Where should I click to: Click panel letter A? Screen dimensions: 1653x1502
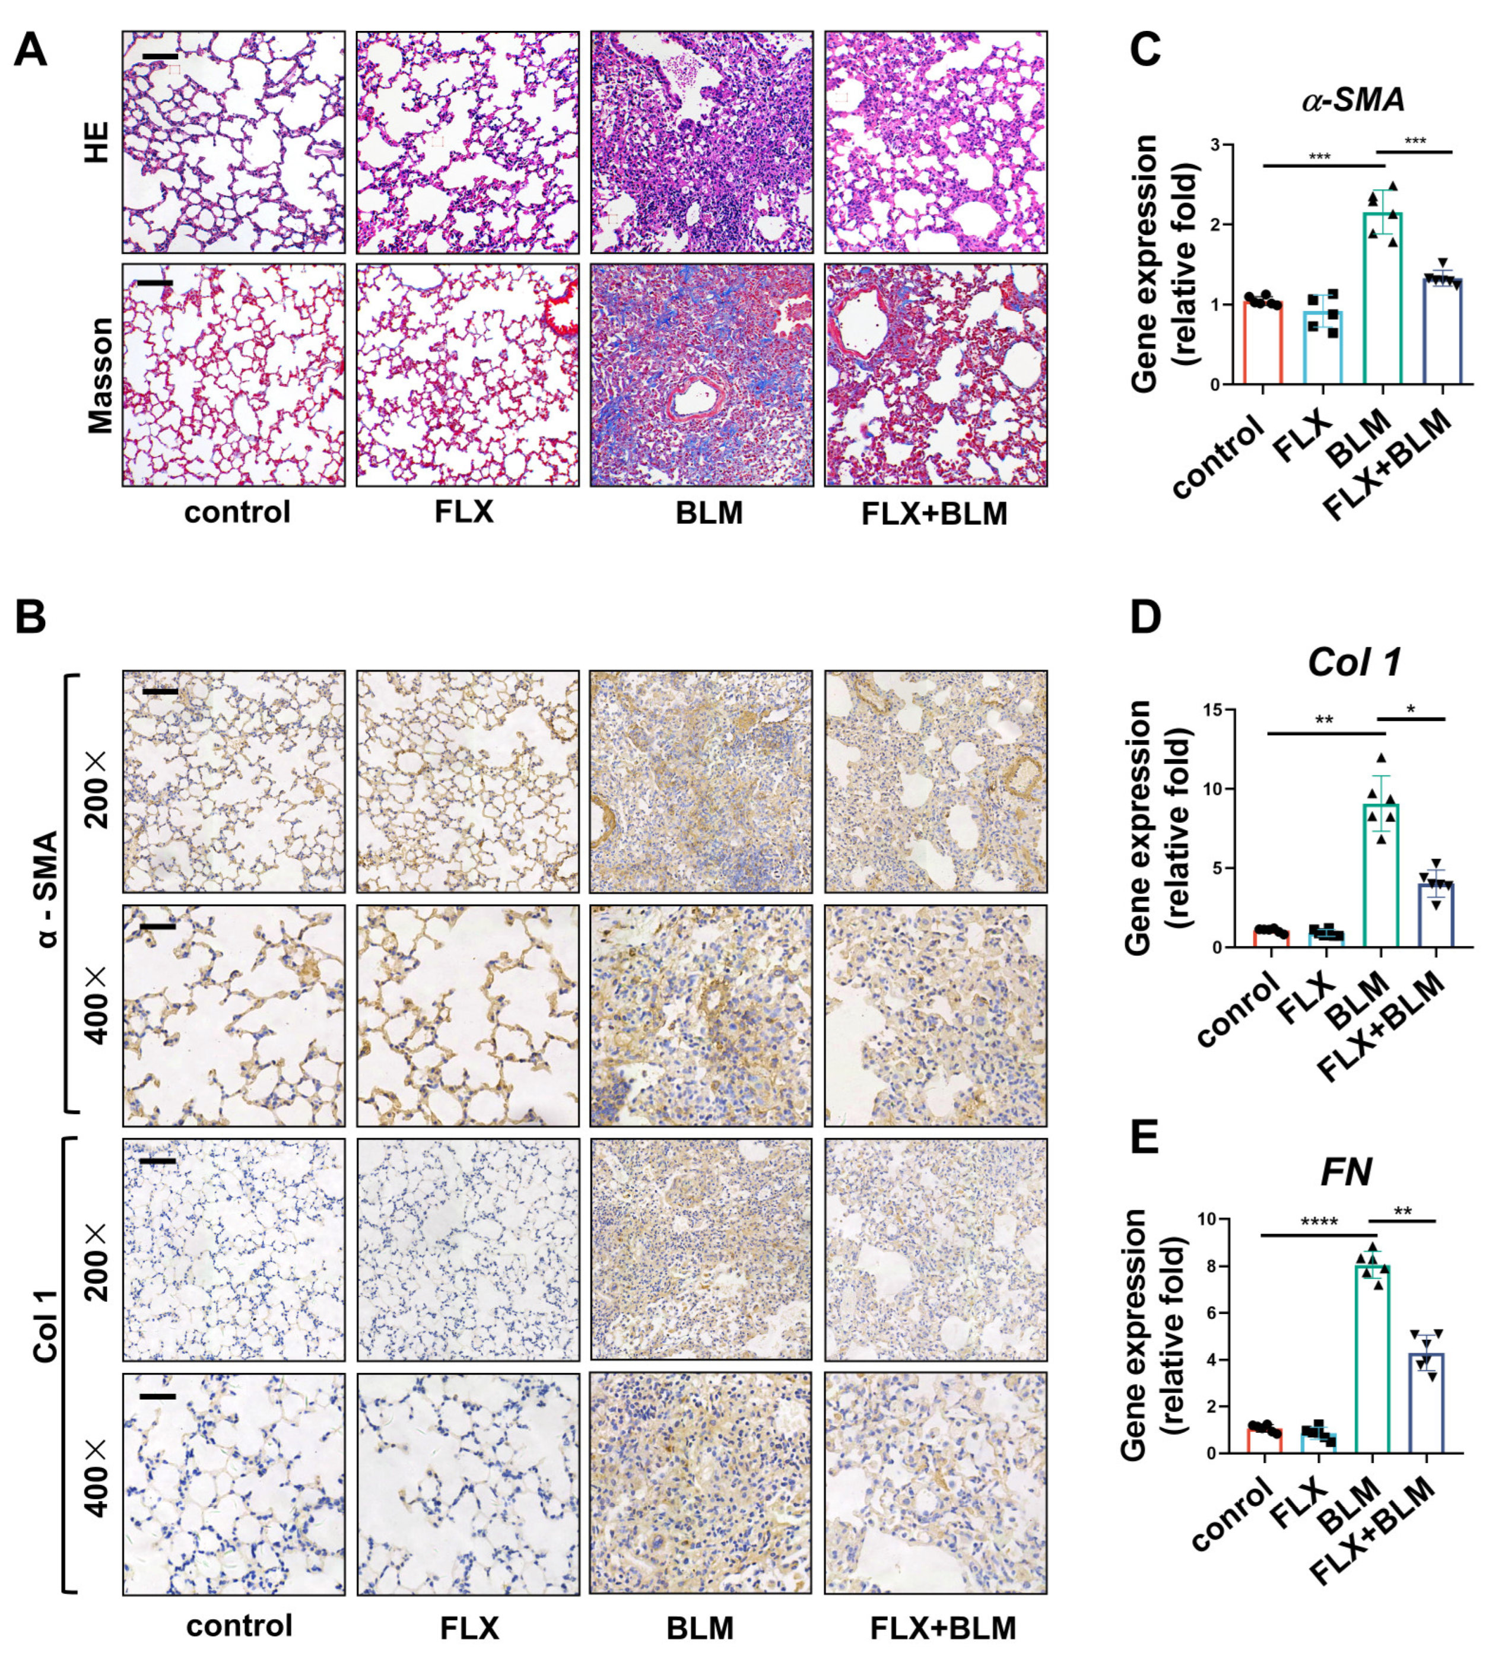30,51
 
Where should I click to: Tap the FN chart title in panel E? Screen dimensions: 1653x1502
1346,1172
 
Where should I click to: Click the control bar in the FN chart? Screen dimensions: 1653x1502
1264,1440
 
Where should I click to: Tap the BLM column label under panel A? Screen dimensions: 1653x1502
709,513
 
